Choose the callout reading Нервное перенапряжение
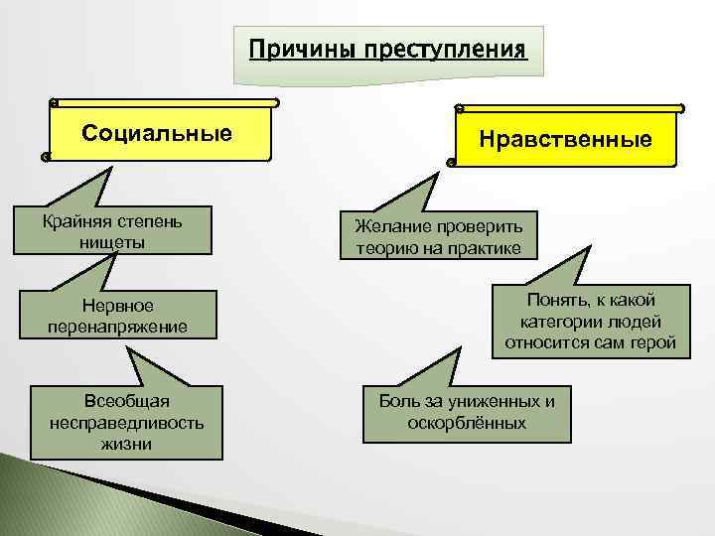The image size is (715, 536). (x=117, y=315)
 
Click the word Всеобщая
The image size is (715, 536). (x=125, y=401)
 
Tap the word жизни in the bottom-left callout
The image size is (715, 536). (x=126, y=443)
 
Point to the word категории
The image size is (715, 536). (x=558, y=323)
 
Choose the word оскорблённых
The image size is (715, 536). (x=467, y=423)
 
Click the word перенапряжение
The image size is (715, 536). (x=117, y=326)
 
